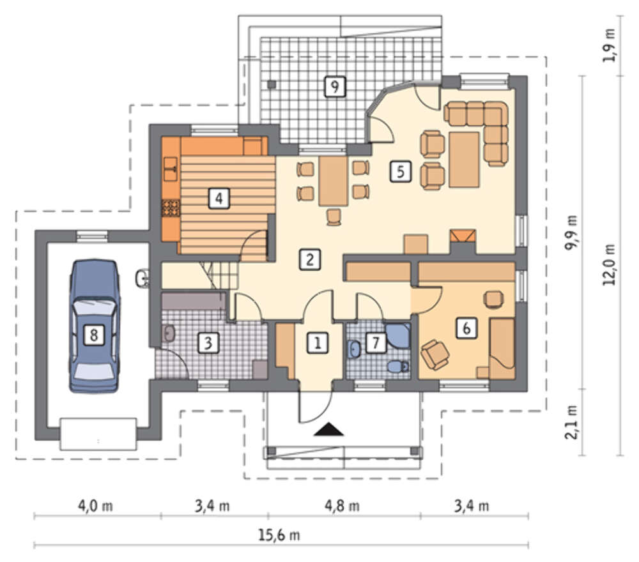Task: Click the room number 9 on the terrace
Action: (x=335, y=86)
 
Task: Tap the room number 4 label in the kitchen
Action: (x=219, y=199)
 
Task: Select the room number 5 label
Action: (x=401, y=171)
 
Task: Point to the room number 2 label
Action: (x=310, y=259)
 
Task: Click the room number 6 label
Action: (x=466, y=328)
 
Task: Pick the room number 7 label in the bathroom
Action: (x=376, y=342)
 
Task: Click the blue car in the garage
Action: (x=95, y=326)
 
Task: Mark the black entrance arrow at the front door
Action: (x=328, y=430)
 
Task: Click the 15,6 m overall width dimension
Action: (x=279, y=535)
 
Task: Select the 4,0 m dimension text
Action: (x=95, y=506)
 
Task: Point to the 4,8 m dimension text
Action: (x=342, y=506)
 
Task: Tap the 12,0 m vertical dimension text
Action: (x=609, y=264)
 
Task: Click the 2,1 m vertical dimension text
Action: (x=572, y=422)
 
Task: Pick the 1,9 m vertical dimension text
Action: (x=609, y=45)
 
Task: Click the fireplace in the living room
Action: (x=463, y=241)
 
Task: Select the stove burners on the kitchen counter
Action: (x=171, y=208)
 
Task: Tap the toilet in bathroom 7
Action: (x=397, y=366)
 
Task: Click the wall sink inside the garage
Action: (x=142, y=278)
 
